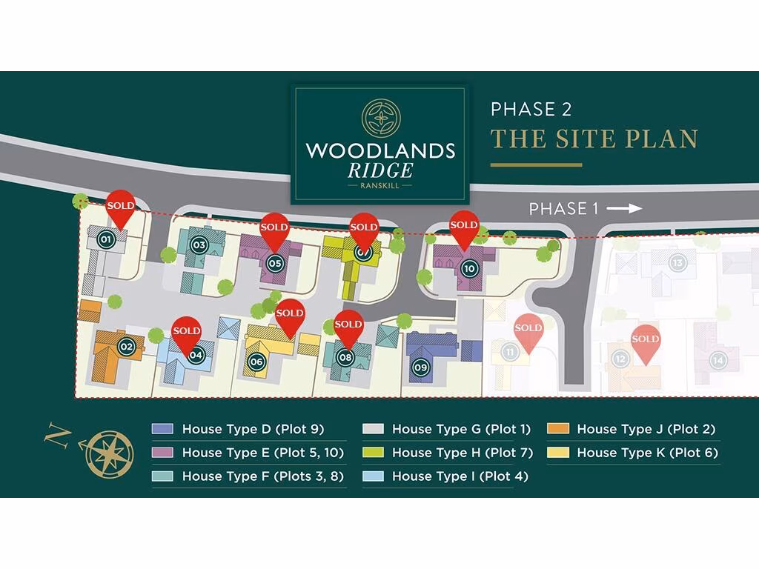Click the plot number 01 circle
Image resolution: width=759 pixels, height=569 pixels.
(x=105, y=239)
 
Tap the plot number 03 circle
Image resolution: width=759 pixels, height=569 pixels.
(x=199, y=244)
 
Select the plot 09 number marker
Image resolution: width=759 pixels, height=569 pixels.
(x=421, y=366)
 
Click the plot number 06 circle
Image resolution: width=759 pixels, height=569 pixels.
(x=256, y=362)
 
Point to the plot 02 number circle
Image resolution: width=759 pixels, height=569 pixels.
(x=127, y=346)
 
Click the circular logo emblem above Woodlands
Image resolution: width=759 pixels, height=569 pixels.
(x=380, y=119)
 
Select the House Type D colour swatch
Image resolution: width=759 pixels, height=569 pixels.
(x=162, y=429)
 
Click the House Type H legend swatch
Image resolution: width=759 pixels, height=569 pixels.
(x=372, y=453)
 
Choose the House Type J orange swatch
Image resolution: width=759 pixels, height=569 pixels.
(x=557, y=429)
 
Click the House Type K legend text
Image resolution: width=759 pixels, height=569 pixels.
(x=647, y=453)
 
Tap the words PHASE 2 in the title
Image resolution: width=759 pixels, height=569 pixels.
(x=531, y=110)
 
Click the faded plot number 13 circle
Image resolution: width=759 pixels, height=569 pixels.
(x=676, y=262)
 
